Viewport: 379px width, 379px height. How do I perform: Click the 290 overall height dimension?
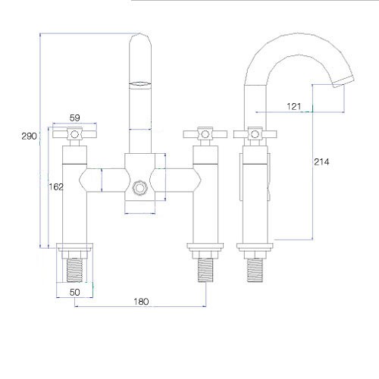click(29, 136)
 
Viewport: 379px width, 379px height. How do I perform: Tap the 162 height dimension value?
click(56, 187)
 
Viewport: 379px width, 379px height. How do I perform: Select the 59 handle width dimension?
click(74, 117)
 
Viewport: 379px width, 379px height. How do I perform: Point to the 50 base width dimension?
click(74, 293)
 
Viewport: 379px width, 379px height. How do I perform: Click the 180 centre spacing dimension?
click(141, 302)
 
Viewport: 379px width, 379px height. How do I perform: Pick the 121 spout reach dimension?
click(294, 106)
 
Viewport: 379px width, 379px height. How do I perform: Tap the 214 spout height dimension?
click(321, 161)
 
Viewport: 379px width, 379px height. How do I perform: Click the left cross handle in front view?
click(74, 134)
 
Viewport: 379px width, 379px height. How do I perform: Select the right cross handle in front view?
click(205, 134)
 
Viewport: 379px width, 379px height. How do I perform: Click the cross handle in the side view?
click(255, 134)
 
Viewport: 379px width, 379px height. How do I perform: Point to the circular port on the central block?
click(139, 188)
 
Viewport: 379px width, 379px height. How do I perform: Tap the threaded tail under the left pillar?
click(74, 271)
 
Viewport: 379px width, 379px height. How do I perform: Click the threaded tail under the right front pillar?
click(205, 271)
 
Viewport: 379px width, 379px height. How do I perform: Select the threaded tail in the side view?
click(255, 271)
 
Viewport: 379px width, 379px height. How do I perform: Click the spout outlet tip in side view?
click(343, 82)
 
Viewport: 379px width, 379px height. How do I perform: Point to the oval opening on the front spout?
click(139, 84)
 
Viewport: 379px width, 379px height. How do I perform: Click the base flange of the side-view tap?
click(255, 246)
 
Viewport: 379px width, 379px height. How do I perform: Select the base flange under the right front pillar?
click(205, 246)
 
